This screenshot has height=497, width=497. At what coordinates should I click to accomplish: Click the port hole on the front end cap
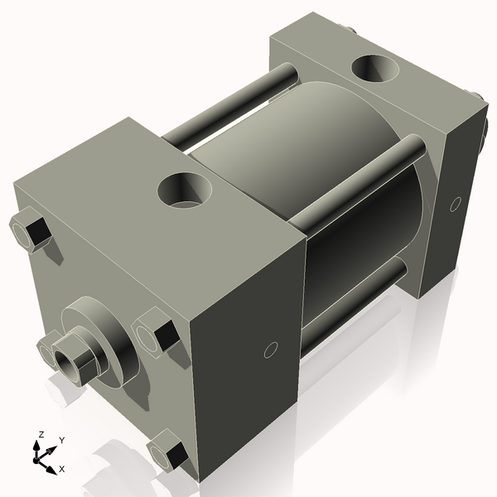coord(186,190)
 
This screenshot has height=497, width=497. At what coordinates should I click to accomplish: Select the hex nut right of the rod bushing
coord(155,335)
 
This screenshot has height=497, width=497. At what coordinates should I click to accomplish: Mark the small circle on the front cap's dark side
coord(270,350)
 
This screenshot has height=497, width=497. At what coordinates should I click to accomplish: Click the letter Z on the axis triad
coord(41,434)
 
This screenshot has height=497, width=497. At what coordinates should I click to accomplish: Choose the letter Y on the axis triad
coord(62,440)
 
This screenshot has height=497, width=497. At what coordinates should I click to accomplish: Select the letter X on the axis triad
coord(62,469)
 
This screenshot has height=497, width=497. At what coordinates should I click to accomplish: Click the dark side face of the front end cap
coord(248,356)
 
